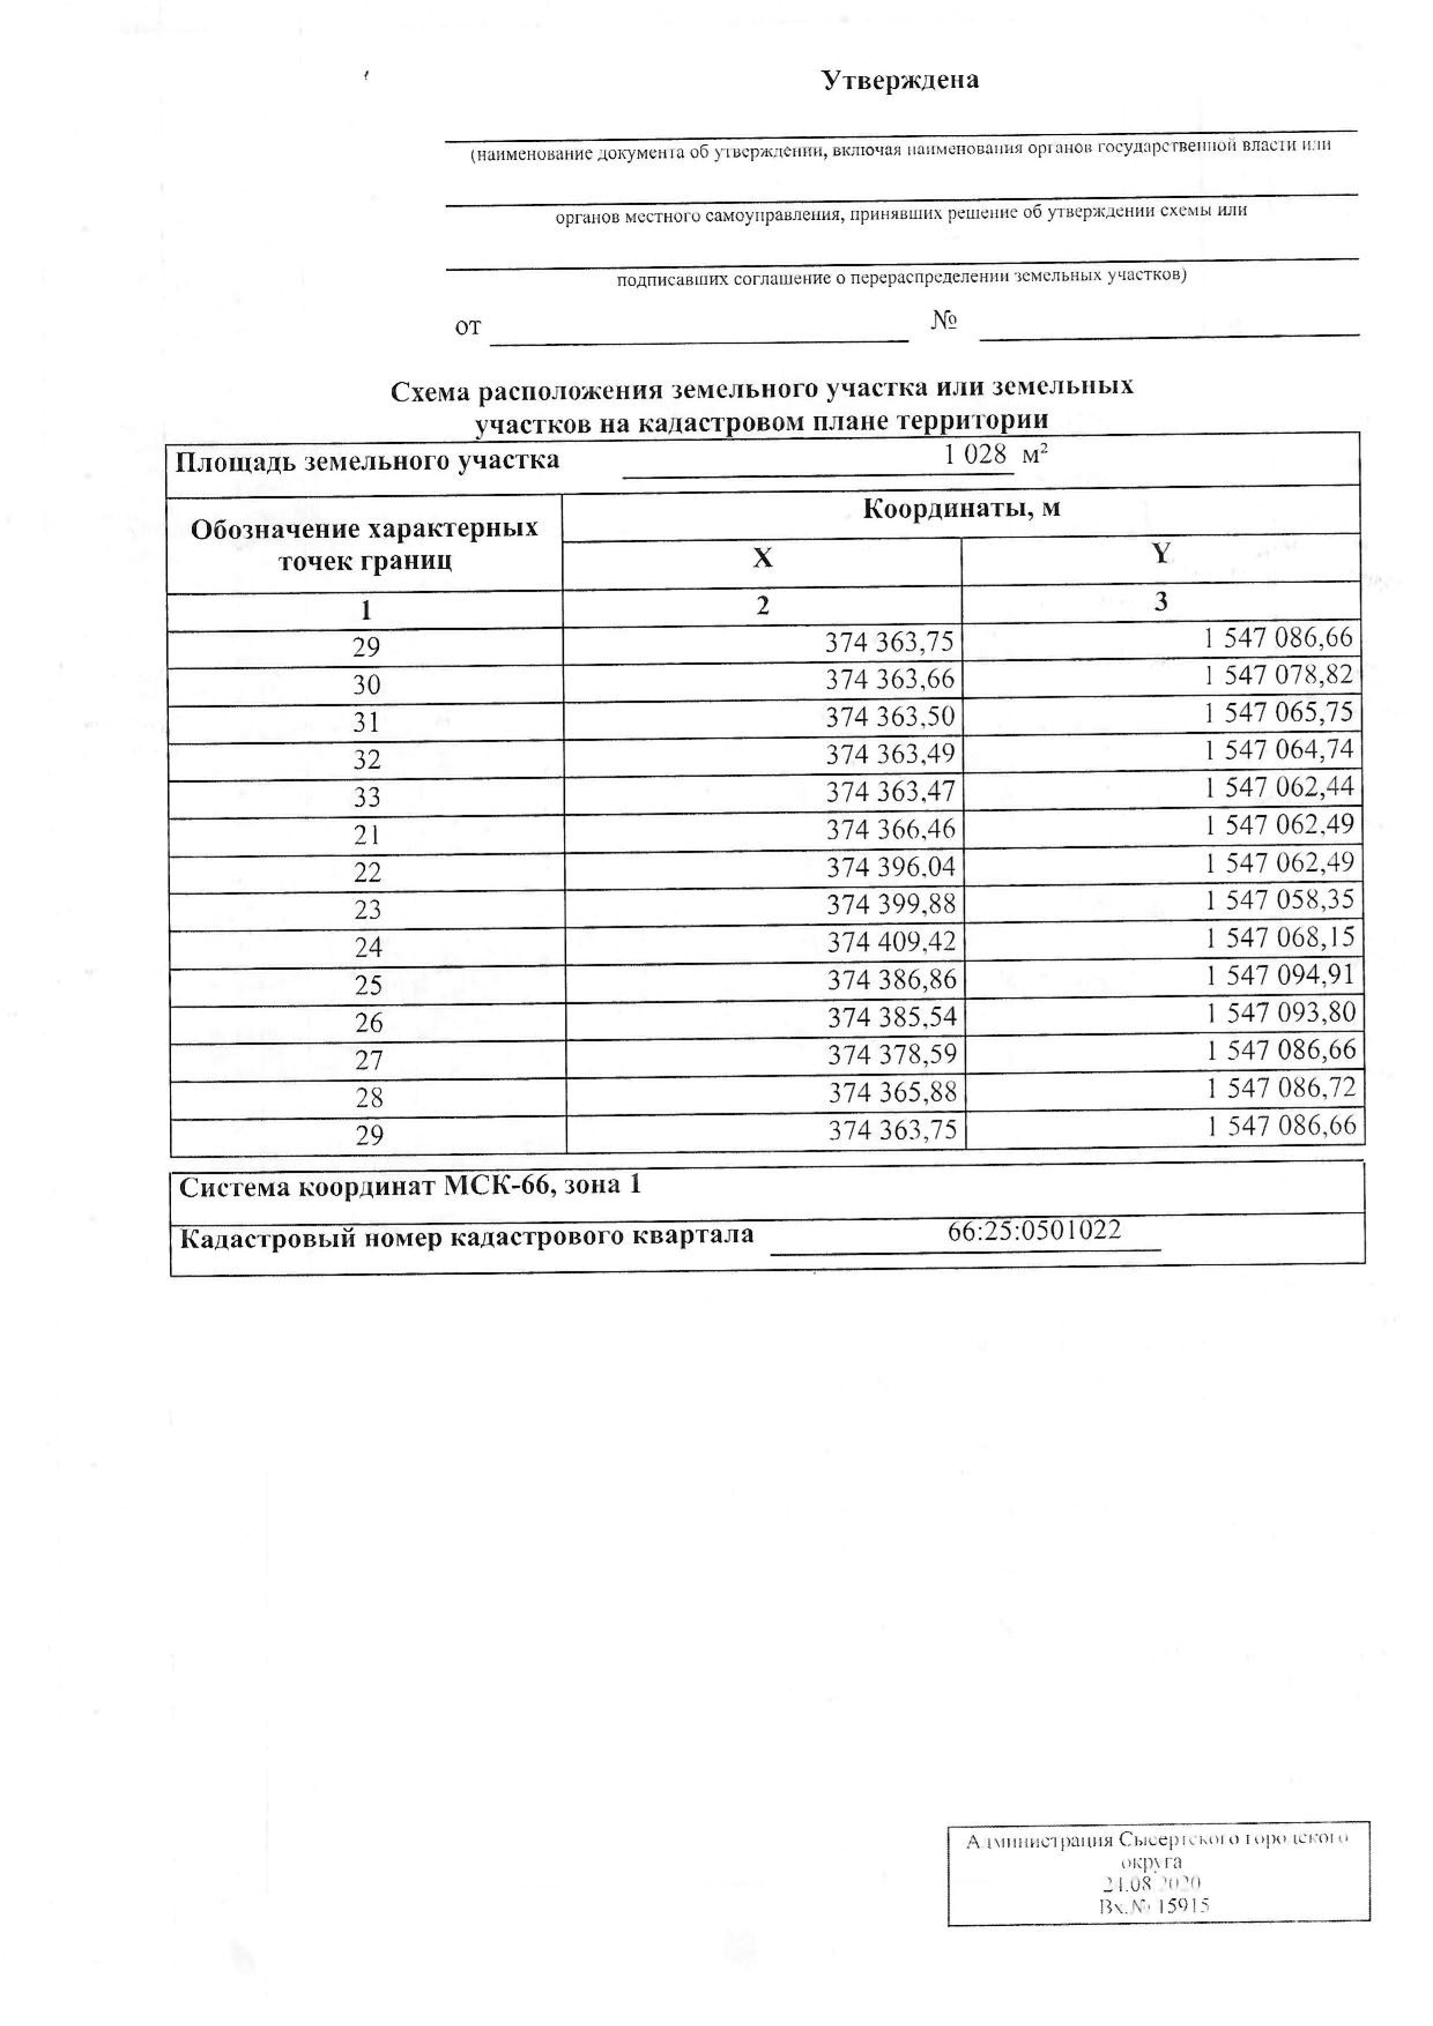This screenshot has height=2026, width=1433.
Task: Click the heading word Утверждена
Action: pos(900,80)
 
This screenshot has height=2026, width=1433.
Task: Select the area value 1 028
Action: pos(974,455)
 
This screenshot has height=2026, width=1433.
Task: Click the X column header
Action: pos(762,557)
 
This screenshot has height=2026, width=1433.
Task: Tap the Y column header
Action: pos(1161,553)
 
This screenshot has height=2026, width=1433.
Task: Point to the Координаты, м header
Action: pos(961,509)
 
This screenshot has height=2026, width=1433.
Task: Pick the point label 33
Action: pos(366,798)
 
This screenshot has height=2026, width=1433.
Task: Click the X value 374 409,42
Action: pos(891,942)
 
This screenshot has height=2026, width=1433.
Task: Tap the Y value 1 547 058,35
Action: pos(1279,900)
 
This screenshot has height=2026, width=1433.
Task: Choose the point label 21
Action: pos(366,835)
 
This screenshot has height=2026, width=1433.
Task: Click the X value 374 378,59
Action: pos(892,1055)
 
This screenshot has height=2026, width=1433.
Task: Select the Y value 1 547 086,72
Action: pos(1281,1088)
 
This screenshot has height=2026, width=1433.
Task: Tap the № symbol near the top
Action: pos(944,320)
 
